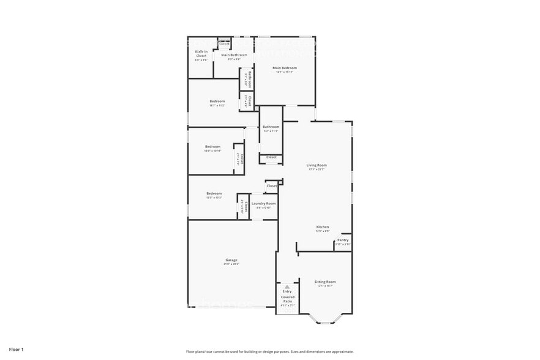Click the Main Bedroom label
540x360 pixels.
285,67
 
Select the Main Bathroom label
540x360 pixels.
234,55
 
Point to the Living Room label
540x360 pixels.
317,165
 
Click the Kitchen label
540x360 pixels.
323,227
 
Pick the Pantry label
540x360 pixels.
343,240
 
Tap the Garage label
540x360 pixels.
231,260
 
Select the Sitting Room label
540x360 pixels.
326,282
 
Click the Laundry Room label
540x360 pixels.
263,203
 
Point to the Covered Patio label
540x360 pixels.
287,299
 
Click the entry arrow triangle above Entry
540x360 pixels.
287,287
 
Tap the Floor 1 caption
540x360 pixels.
16,349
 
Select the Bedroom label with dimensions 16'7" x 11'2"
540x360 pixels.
217,101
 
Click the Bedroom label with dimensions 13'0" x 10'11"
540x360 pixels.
212,146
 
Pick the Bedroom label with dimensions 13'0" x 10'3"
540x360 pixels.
214,193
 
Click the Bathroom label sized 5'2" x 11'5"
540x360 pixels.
271,127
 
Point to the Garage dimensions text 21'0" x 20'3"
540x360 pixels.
231,264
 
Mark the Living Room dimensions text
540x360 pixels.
317,169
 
